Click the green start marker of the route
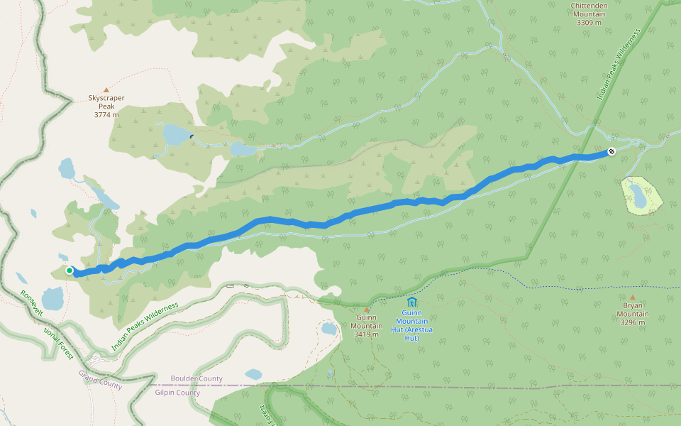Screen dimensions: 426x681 (70, 271)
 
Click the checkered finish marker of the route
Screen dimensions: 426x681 (611, 151)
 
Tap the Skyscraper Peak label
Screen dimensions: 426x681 (106, 106)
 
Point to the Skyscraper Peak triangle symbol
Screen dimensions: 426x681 (106, 90)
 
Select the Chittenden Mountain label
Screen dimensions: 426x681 (589, 13)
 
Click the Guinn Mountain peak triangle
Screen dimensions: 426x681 (367, 310)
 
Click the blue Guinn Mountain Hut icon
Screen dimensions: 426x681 (411, 302)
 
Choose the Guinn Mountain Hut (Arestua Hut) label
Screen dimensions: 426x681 (411, 325)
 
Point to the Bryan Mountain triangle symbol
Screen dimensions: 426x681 (632, 297)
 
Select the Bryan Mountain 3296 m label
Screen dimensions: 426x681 (632, 318)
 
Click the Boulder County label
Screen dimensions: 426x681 (196, 378)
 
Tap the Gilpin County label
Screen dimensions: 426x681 (177, 393)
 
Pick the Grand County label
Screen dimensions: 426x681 (100, 380)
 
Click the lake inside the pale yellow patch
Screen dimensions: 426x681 (639, 195)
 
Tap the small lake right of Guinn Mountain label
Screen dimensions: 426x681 (328, 329)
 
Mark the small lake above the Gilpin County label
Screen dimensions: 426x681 (253, 373)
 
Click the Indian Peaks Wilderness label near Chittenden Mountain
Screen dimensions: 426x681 (619, 64)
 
